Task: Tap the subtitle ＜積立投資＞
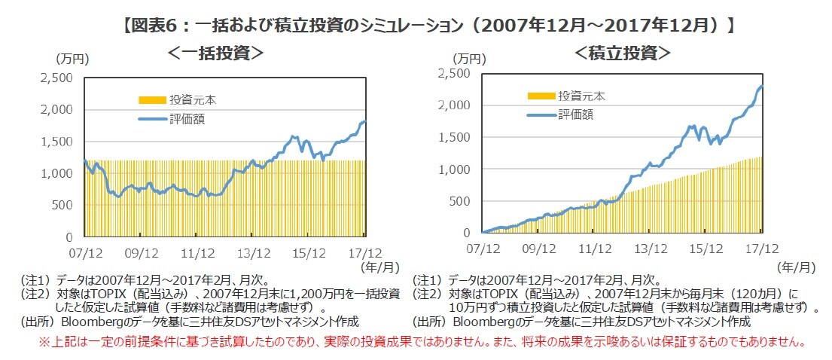(622, 53)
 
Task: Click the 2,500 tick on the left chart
(56, 78)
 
